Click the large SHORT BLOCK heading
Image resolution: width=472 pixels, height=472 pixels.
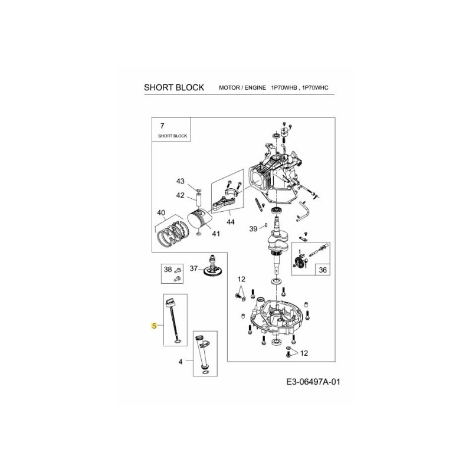(174, 87)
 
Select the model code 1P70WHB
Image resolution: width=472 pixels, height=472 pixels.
(285, 88)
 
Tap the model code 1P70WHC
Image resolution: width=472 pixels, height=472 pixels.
(314, 88)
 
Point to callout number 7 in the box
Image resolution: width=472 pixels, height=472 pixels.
(162, 126)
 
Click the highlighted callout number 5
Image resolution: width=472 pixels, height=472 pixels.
(154, 326)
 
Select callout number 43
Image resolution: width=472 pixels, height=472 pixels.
(180, 181)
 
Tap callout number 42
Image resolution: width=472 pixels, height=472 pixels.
(180, 195)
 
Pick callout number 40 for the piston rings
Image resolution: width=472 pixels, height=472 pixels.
(160, 212)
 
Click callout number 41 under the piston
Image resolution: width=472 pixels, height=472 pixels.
(215, 234)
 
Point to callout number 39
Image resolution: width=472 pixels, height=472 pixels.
(253, 228)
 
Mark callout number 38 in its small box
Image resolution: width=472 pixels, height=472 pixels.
(167, 270)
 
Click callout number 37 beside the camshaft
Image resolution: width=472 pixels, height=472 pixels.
(194, 269)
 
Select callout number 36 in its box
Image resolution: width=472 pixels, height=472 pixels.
(322, 270)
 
